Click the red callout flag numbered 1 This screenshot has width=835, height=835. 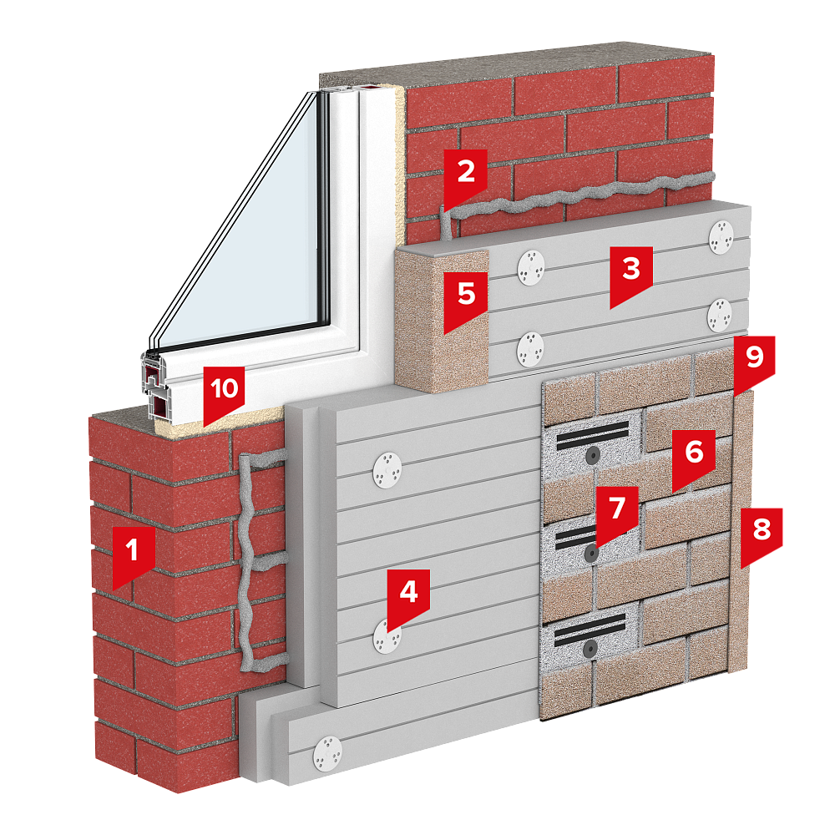point(134,555)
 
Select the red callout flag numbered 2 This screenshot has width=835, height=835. point(465,177)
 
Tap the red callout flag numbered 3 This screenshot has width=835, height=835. point(631,274)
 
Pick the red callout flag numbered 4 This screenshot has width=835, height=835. point(408,598)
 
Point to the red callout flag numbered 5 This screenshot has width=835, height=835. point(466,301)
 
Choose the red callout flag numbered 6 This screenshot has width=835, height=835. point(693,458)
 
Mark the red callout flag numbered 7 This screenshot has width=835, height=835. point(617,514)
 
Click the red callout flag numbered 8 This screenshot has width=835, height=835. point(762,534)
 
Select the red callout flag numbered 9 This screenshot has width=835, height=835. point(755,362)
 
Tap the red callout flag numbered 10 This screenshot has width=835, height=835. point(224,393)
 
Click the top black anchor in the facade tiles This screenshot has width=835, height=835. point(592,454)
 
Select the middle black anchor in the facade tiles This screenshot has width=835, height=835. point(591,554)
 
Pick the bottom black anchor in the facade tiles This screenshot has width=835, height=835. point(590,649)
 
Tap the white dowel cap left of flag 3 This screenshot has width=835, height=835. point(531,267)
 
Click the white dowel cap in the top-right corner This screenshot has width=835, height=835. point(721,237)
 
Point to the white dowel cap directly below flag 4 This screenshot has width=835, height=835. point(387,636)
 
